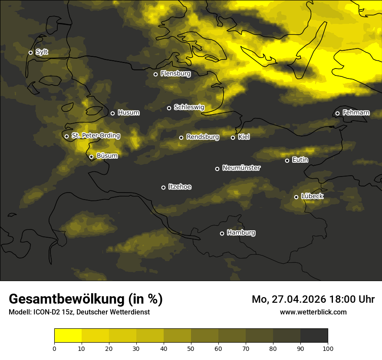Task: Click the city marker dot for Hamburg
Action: click(x=222, y=233)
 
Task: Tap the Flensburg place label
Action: click(x=175, y=74)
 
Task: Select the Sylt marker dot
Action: click(x=30, y=52)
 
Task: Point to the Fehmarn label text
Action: click(x=356, y=113)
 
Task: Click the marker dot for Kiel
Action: click(x=233, y=137)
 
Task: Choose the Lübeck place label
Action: click(x=312, y=196)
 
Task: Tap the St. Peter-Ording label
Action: click(x=95, y=136)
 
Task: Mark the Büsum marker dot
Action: click(x=91, y=157)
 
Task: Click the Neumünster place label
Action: click(x=241, y=168)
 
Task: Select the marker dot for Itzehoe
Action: click(x=163, y=187)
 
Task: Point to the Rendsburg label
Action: click(x=202, y=137)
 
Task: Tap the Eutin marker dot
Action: click(x=287, y=160)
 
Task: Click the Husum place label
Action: click(x=128, y=113)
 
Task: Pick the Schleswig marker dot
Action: click(x=169, y=108)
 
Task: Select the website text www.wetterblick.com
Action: click(x=313, y=312)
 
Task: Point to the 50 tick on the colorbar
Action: click(x=191, y=348)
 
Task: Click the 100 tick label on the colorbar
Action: click(x=328, y=348)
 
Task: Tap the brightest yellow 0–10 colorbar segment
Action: click(x=68, y=336)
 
